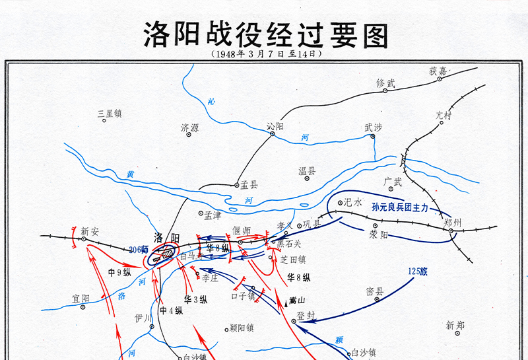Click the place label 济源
pos(189,127)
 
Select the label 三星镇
pos(110,114)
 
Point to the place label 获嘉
pos(438,71)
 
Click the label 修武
pos(385,83)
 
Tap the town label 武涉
pos(373,128)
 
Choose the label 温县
pos(307,171)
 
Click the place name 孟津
pos(213,215)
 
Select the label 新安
pos(90,231)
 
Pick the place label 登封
pos(306,315)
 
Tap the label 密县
pos(375,291)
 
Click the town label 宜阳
pos(81,299)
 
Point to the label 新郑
pos(455,325)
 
